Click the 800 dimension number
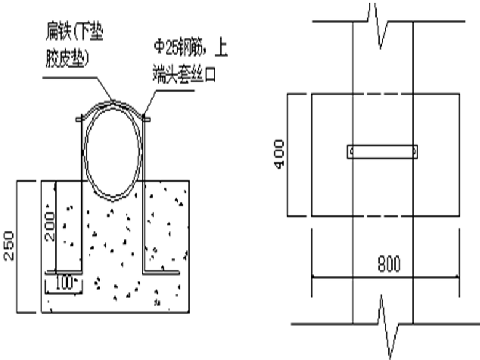click(388, 264)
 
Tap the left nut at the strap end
click(79, 118)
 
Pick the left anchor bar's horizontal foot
click(64, 271)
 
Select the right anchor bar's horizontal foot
click(161, 271)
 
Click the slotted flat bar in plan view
click(383, 151)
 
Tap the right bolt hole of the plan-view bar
click(415, 151)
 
